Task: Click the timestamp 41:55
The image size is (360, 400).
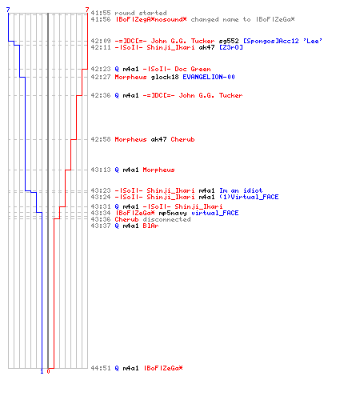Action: (101, 13)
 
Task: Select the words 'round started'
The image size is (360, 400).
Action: (141, 13)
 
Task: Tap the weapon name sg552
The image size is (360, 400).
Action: (229, 41)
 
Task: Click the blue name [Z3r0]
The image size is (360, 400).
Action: (231, 47)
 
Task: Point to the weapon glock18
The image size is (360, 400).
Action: (165, 77)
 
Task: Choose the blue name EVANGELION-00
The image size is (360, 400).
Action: (209, 77)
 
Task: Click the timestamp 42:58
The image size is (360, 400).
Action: (101, 139)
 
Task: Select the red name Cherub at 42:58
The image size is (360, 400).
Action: (182, 139)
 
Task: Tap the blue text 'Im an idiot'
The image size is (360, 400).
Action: (241, 190)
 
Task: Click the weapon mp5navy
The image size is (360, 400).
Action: (173, 213)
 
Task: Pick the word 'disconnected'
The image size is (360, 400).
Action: (166, 219)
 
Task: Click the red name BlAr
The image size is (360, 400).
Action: (150, 226)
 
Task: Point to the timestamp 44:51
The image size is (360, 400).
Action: (101, 368)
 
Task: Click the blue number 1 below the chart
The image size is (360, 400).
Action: (42, 371)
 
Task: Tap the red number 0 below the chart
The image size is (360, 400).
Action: (48, 371)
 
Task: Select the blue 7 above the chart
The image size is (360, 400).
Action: (8, 10)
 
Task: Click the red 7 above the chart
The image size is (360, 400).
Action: (87, 10)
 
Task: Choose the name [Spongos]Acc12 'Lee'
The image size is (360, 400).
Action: (282, 41)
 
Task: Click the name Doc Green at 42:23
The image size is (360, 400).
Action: (193, 69)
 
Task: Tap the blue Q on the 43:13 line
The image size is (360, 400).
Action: (117, 170)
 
